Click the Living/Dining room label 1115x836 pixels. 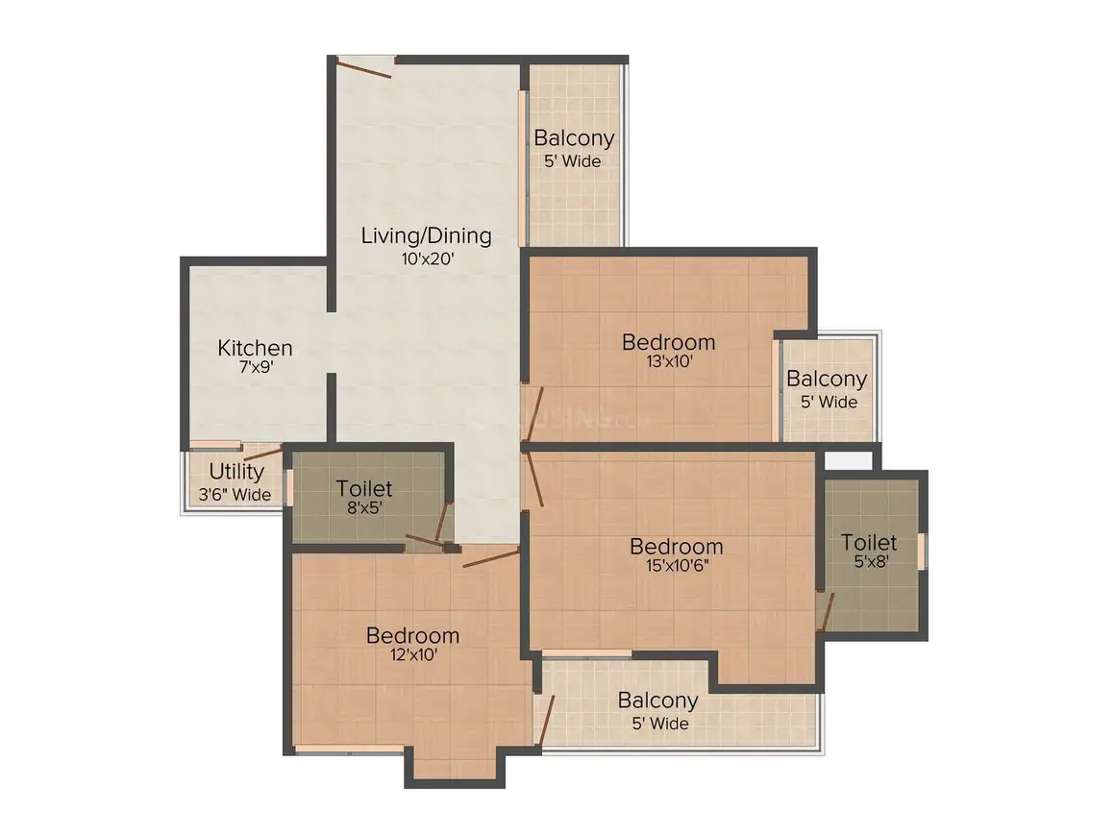coord(426,235)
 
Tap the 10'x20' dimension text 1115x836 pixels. coord(428,258)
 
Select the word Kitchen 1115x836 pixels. coord(255,348)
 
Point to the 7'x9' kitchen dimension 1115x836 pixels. coord(257,367)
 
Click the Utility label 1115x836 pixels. coord(236,471)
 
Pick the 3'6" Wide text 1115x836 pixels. coord(235,494)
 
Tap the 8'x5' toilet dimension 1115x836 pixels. coord(365,507)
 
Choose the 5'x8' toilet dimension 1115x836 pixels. coord(871,561)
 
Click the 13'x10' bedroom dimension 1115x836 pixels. coord(669,361)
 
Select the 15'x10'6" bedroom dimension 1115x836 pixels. coord(677,566)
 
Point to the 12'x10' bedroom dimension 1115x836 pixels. coord(413,654)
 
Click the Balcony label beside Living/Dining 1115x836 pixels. coord(574,138)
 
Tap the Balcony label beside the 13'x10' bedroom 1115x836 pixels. coord(827,379)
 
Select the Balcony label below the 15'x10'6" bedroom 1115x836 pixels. coord(657,701)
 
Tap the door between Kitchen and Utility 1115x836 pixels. coord(263,454)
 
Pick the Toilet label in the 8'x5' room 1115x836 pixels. coord(364,488)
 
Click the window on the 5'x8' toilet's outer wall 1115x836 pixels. coord(923,551)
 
